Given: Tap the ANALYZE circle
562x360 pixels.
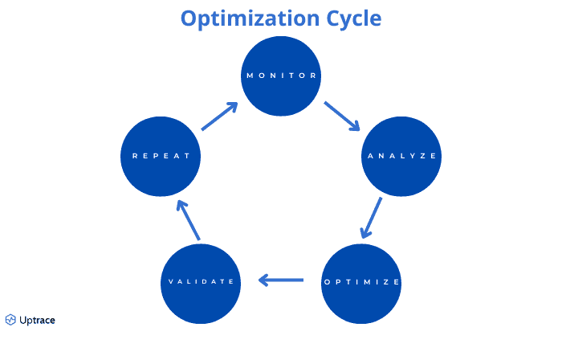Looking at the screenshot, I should pos(401,156).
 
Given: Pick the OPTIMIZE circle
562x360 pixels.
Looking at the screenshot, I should pos(361,282).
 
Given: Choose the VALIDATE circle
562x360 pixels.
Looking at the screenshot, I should pos(201,282).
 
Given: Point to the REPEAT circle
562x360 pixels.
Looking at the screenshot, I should pos(160,156).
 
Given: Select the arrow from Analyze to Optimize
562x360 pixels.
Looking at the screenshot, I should pos(371,218).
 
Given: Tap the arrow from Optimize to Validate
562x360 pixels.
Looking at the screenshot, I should pos(281,280).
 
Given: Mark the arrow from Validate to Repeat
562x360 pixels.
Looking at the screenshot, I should pos(188,219).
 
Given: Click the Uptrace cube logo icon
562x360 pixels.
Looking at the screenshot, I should pos(10,320).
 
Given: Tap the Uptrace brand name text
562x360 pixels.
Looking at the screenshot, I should pos(37,320).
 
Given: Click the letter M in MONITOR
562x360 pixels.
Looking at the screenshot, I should pos(250,76).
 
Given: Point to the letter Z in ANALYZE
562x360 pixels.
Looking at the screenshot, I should pos(424,156).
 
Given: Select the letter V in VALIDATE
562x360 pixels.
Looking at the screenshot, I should pos(170,282).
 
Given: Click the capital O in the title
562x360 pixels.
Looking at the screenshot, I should pos(189,18).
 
